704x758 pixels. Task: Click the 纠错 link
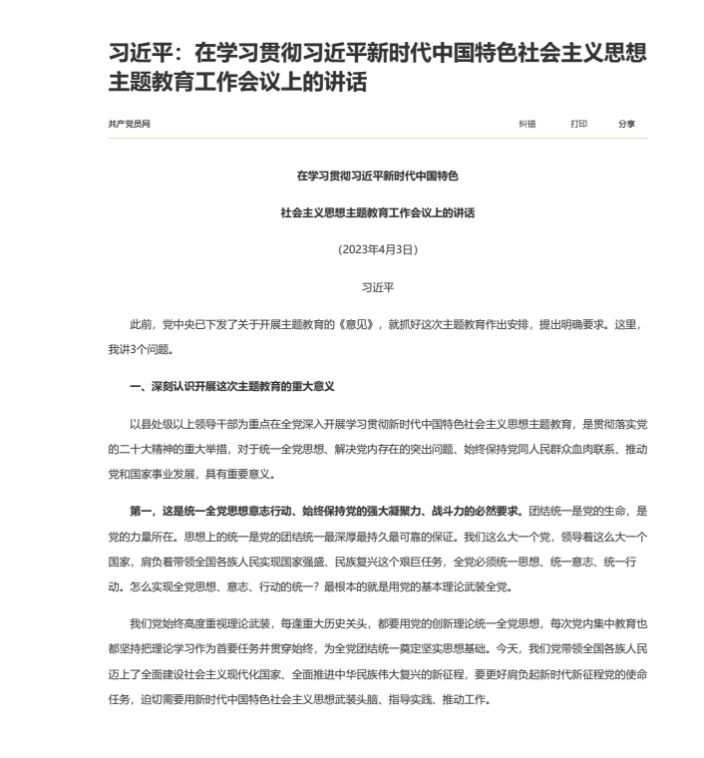[x=528, y=124]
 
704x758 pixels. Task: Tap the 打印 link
[x=578, y=124]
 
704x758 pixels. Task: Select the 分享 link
[x=626, y=124]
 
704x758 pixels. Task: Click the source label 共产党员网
[x=130, y=124]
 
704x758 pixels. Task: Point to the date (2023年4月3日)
[x=376, y=248]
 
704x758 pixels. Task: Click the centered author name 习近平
[x=376, y=285]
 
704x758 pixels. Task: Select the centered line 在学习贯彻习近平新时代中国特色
[x=376, y=176]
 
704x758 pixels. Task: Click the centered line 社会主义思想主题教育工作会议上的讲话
[x=376, y=212]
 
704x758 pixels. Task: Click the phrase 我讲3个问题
[x=140, y=349]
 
